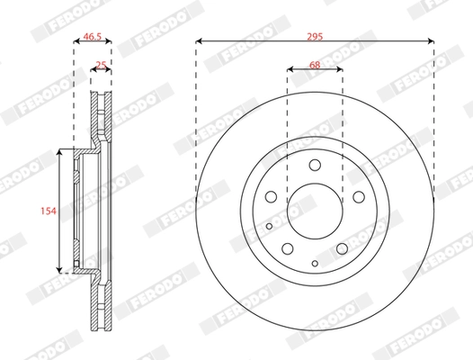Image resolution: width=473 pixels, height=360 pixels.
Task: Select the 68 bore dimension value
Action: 315,64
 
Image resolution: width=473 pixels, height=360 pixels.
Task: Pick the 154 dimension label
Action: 49,211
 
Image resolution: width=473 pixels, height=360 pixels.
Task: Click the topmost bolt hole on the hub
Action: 315,166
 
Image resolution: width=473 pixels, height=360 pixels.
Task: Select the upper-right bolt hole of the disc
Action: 356,197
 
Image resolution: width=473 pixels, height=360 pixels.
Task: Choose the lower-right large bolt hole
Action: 341,248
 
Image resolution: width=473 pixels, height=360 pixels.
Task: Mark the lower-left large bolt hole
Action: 289,248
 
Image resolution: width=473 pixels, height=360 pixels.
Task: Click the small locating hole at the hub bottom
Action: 315,262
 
